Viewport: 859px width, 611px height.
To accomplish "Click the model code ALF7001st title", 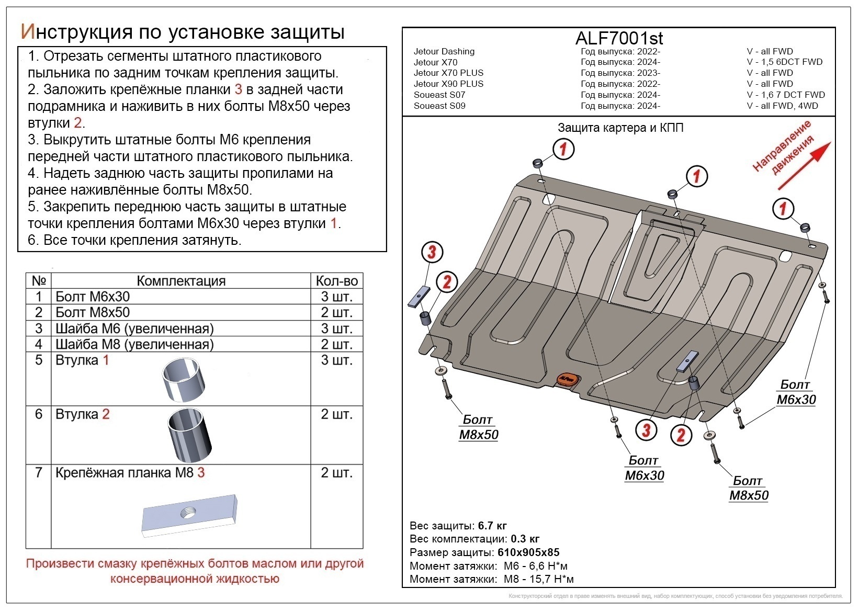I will pyautogui.click(x=619, y=38).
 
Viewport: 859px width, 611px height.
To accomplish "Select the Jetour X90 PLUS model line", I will pyautogui.click(x=448, y=84).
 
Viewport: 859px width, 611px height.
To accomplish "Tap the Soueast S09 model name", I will pyautogui.click(x=439, y=106).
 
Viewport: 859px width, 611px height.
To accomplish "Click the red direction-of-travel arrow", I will pyautogui.click(x=804, y=166).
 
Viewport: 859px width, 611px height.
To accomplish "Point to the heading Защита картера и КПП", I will pyautogui.click(x=620, y=128).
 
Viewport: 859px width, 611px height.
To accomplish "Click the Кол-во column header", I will pyautogui.click(x=336, y=281).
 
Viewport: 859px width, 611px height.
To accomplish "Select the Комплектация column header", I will pyautogui.click(x=180, y=281).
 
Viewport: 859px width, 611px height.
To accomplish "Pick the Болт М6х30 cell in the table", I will pyautogui.click(x=93, y=297).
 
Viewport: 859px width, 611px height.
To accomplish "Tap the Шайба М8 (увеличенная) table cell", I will pyautogui.click(x=134, y=344).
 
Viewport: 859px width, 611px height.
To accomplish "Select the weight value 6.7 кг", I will pyautogui.click(x=492, y=526).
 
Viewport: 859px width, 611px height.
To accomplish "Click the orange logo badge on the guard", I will pyautogui.click(x=567, y=378).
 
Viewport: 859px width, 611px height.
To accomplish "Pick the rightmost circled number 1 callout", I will pyautogui.click(x=783, y=208).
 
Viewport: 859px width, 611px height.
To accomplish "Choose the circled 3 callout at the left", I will pyautogui.click(x=432, y=252).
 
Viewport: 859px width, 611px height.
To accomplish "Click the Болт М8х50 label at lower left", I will pyautogui.click(x=478, y=427).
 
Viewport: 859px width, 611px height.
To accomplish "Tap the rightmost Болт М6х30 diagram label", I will pyautogui.click(x=796, y=392).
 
